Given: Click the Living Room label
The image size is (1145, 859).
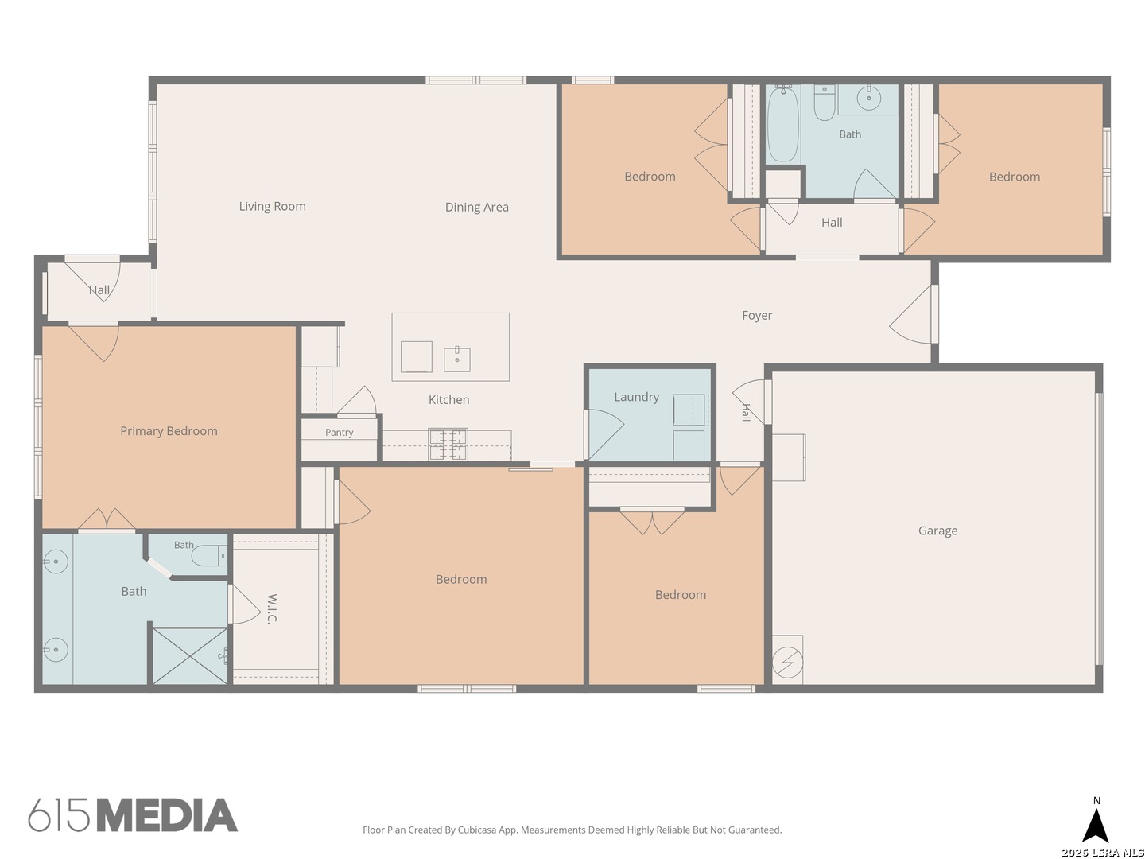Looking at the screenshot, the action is tap(272, 207).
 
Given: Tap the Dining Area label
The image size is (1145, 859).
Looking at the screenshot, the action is tap(476, 207).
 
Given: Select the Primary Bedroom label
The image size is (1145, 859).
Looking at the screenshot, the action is tap(169, 431).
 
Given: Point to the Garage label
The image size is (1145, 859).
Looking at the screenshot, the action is tap(937, 531).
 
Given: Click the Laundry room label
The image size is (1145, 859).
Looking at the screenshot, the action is tap(636, 398).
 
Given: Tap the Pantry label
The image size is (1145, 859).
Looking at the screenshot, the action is tap(339, 433).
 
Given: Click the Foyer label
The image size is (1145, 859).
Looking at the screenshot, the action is tap(757, 316).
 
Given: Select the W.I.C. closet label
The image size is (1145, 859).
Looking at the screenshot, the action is tap(272, 608).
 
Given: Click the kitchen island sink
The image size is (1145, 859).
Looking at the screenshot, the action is tap(457, 359).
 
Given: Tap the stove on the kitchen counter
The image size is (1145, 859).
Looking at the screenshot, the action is tap(448, 445).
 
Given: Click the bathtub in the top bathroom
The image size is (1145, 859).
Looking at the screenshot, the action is tap(782, 123).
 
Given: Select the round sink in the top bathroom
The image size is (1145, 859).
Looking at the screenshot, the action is tap(868, 98).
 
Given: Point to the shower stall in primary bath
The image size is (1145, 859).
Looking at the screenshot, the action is tap(190, 655).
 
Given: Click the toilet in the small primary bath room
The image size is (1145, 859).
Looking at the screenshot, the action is tap(209, 556).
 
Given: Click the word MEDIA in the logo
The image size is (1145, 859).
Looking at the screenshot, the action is tap(168, 814).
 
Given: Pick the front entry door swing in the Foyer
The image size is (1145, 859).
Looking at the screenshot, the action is tap(910, 314).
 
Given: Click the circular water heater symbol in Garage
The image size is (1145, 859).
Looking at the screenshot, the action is tap(788, 663).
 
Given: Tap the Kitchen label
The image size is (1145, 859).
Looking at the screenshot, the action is tap(448, 400).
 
